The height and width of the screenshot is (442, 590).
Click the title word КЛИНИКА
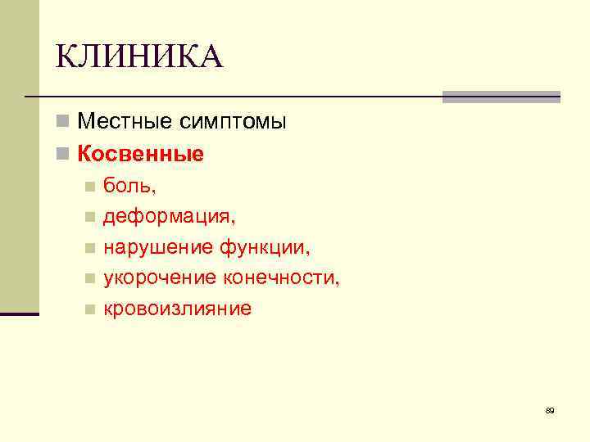pos(139,57)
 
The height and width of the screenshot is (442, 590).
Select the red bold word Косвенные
pos(140,154)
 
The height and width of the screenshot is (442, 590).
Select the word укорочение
pos(159,278)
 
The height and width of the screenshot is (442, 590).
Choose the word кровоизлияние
pos(177,309)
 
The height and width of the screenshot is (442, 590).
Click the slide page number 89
pos(549,410)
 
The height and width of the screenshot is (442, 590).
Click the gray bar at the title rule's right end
pos(501,97)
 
